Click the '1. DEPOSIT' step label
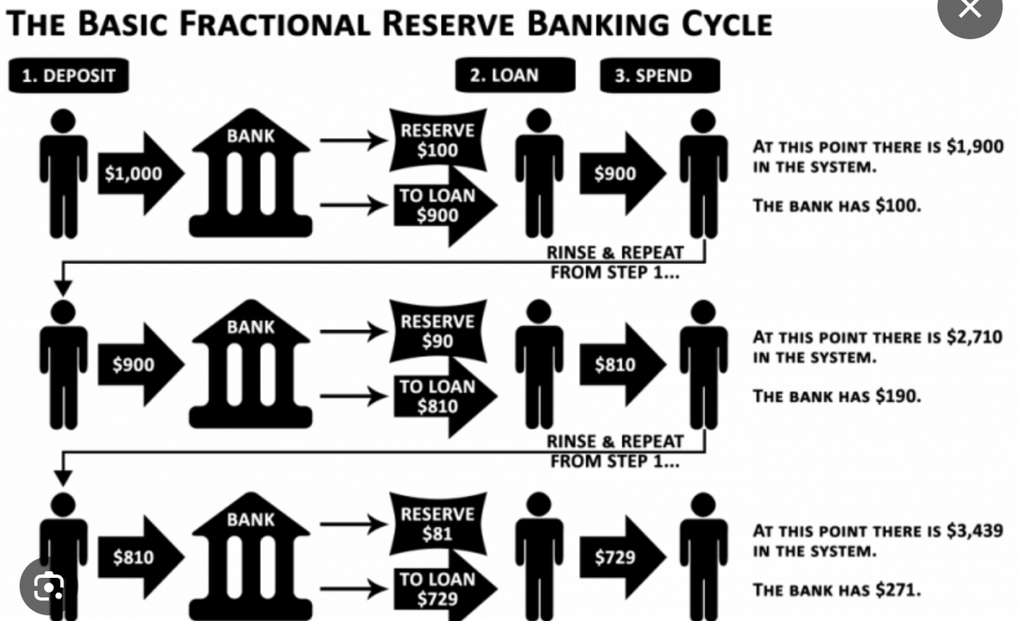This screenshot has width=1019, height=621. (x=68, y=76)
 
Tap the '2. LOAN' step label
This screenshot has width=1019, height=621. (x=514, y=75)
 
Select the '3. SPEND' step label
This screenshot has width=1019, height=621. (x=659, y=75)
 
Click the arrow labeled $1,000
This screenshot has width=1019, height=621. (x=137, y=173)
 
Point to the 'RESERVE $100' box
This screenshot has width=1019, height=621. (x=437, y=140)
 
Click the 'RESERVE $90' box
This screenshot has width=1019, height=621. (x=437, y=331)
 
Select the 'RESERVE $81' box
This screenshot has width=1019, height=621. (x=437, y=524)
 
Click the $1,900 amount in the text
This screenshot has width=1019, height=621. (x=975, y=147)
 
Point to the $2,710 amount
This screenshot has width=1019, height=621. (x=975, y=337)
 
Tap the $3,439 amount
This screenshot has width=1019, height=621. (x=975, y=530)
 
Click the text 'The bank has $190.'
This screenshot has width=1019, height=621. (x=837, y=396)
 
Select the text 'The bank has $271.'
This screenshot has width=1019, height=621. (x=837, y=590)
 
